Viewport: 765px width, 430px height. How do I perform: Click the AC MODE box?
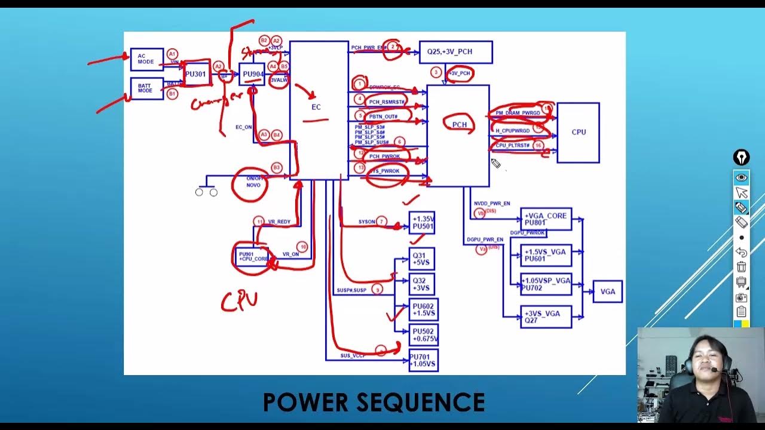[x=146, y=59]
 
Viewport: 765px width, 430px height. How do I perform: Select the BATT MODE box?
[x=146, y=88]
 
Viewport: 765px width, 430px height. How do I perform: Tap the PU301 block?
[x=196, y=75]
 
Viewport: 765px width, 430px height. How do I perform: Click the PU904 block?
[x=252, y=75]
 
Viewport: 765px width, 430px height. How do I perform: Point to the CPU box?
[x=578, y=133]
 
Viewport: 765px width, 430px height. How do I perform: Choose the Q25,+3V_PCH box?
[x=455, y=52]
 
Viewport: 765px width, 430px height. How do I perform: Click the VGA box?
[x=607, y=291]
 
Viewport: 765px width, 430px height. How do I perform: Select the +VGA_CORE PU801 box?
[x=546, y=219]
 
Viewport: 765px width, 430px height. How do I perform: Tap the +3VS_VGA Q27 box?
[x=546, y=317]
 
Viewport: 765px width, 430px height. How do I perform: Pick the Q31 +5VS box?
[x=422, y=259]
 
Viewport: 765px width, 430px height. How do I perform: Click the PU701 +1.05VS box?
[x=423, y=361]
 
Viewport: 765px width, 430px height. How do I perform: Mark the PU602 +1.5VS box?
[x=423, y=310]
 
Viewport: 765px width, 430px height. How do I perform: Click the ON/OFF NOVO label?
[x=253, y=182]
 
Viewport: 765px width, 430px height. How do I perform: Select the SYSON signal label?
[x=366, y=222]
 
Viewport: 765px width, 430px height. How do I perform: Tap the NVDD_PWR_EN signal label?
[x=492, y=204]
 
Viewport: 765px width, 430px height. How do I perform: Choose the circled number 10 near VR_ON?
[x=303, y=247]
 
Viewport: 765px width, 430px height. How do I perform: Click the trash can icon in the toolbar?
[x=741, y=266]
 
